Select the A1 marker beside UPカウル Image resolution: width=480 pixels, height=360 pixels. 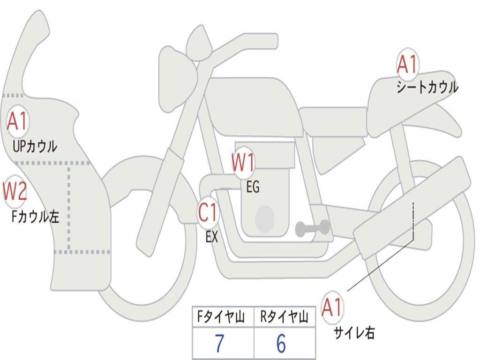pyautogui.click(x=18, y=122)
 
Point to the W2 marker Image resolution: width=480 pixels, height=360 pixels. pyautogui.click(x=15, y=191)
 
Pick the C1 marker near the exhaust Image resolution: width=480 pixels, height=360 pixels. pyautogui.click(x=208, y=214)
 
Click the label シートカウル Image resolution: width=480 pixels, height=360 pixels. pyautogui.click(x=427, y=88)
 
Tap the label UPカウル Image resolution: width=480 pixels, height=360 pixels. pyautogui.click(x=35, y=146)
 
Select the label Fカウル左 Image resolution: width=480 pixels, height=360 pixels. pyautogui.click(x=36, y=217)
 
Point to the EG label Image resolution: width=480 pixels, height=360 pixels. pyautogui.click(x=253, y=187)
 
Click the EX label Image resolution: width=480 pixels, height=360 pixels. pyautogui.click(x=212, y=237)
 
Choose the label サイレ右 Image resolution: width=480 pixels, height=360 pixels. pyautogui.click(x=354, y=333)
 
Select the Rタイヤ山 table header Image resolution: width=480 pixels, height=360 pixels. pyautogui.click(x=284, y=318)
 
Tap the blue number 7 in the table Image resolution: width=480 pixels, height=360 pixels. pyautogui.click(x=219, y=344)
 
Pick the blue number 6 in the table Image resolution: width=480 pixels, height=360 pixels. pyautogui.click(x=281, y=344)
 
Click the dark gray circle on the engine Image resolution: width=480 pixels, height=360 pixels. pyautogui.click(x=265, y=219)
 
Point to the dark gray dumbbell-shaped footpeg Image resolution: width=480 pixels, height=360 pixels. pyautogui.click(x=313, y=228)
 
